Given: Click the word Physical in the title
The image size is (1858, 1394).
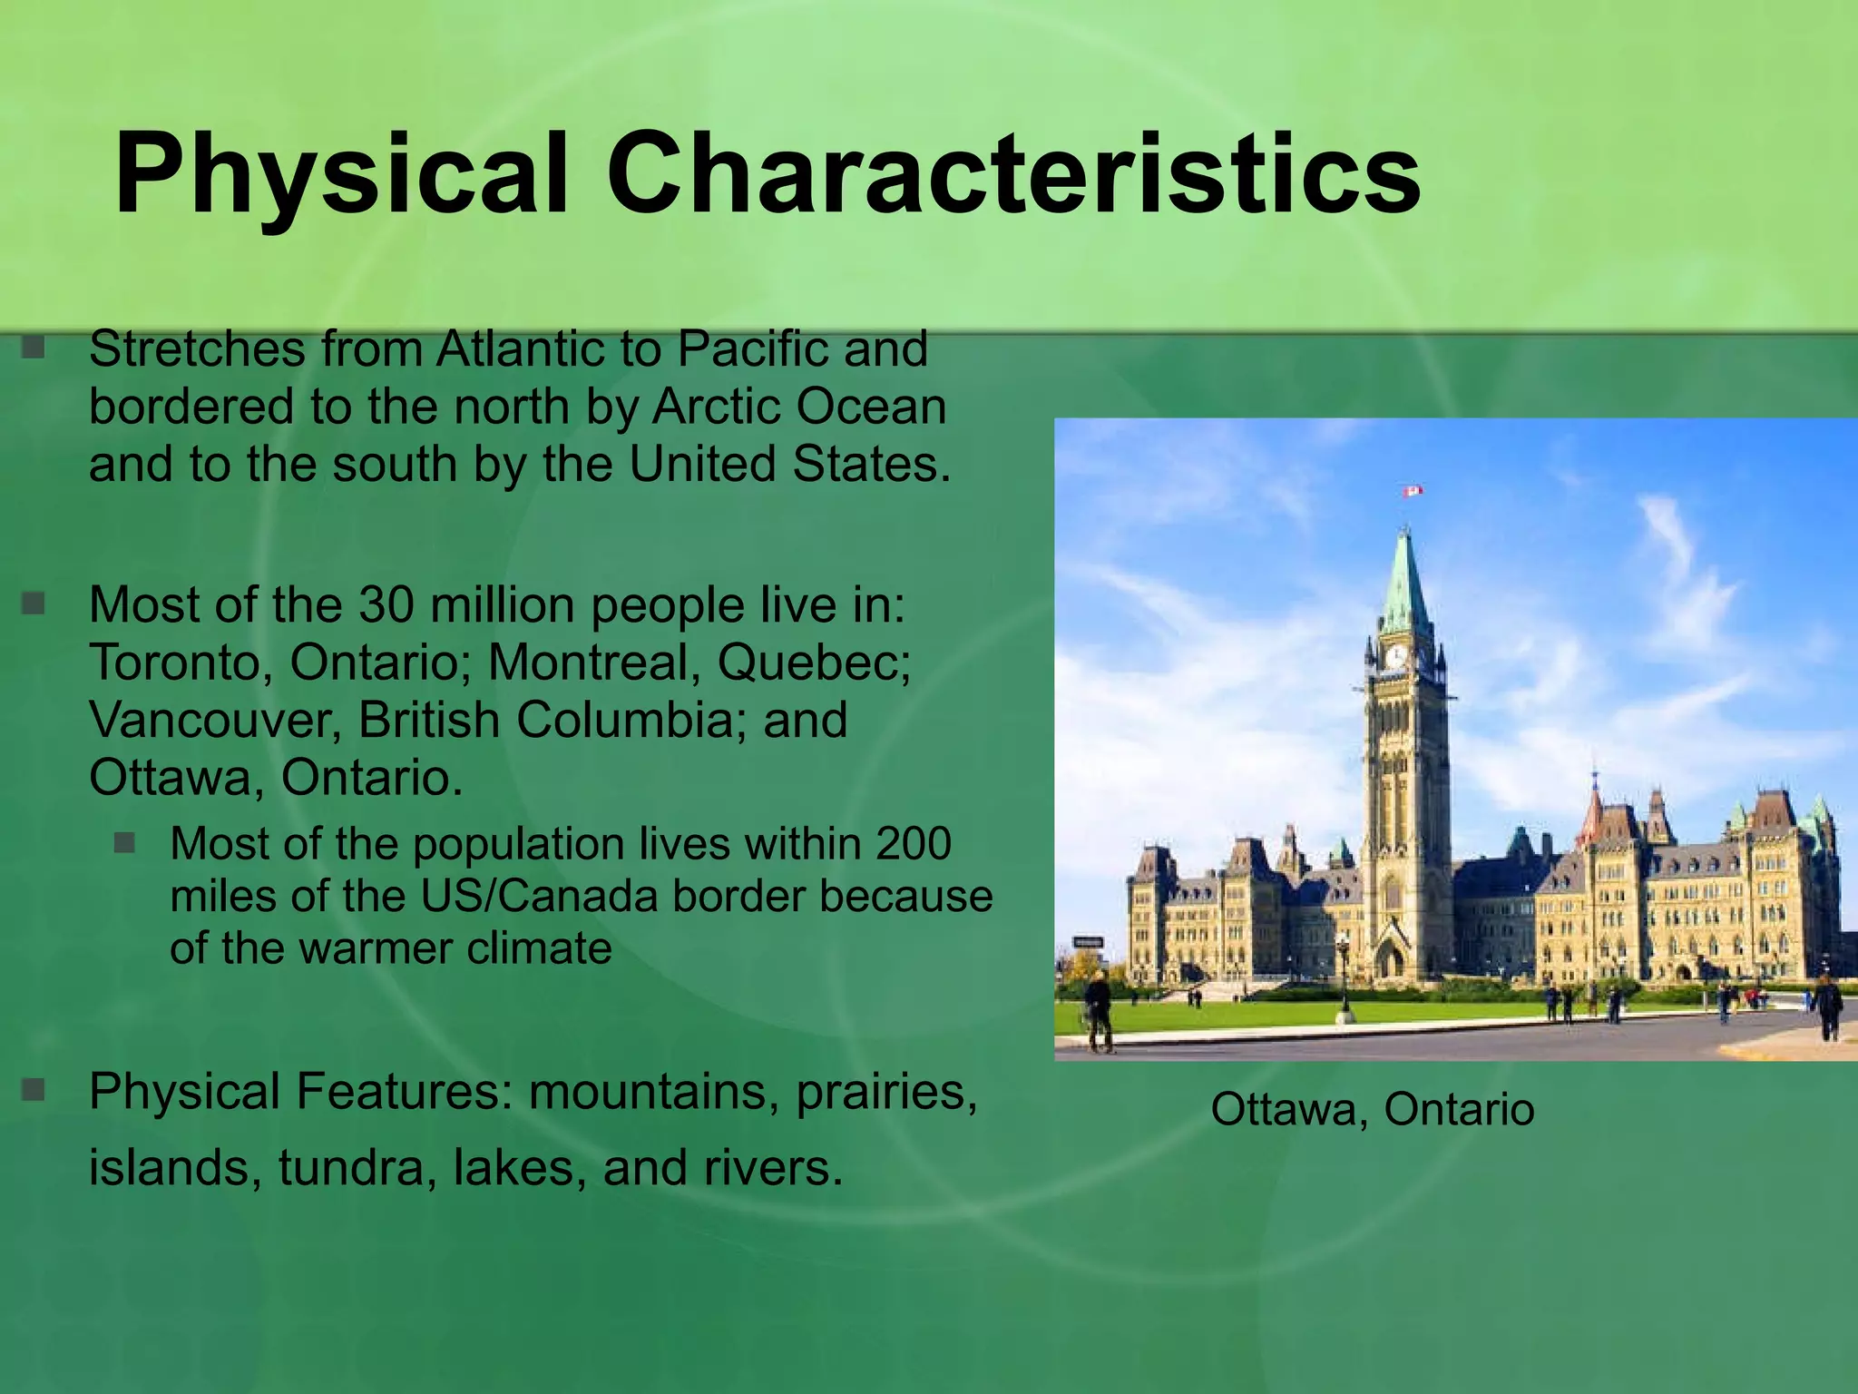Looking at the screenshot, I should pos(340,174).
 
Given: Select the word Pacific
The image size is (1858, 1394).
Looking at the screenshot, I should pos(752,349).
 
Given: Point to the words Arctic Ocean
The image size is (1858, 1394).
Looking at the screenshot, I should pos(798,407).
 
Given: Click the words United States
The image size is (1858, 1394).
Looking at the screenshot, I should pos(788,464).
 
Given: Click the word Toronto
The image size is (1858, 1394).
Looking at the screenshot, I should pos(181,663).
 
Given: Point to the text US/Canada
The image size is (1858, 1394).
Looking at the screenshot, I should pos(539,897).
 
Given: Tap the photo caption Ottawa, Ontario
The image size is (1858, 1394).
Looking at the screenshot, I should pos(1372,1109).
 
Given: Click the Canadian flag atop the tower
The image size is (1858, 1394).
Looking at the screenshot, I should pos(1413,491).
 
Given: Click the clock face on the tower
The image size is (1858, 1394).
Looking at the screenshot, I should pos(1396,656).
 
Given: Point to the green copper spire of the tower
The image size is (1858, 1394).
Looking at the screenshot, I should pos(1405,581).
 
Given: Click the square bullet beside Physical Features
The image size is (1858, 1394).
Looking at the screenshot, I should pos(34,1090).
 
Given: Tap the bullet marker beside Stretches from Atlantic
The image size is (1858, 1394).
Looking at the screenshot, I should pos(34,348).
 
